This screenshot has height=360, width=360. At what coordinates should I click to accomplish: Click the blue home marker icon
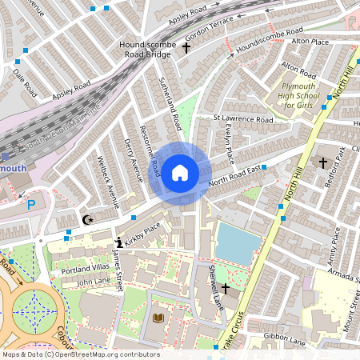click(x=180, y=171)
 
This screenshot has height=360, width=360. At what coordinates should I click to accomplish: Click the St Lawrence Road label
click(x=242, y=118)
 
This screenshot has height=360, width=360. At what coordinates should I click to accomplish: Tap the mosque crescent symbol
click(x=88, y=218)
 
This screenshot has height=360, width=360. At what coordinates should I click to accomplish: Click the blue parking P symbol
click(x=32, y=205)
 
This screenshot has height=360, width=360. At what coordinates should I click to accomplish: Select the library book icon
click(x=158, y=318)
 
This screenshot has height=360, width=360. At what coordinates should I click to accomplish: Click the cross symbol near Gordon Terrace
click(x=187, y=49)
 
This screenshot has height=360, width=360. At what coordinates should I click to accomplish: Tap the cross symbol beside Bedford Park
click(x=323, y=163)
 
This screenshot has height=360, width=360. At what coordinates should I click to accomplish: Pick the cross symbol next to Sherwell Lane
click(x=225, y=287)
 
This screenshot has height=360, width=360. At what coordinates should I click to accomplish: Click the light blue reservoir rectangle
click(x=238, y=243)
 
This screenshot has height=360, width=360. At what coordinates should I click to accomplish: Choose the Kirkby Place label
click(x=142, y=232)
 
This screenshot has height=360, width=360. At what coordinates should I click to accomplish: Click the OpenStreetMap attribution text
click(x=80, y=354)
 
